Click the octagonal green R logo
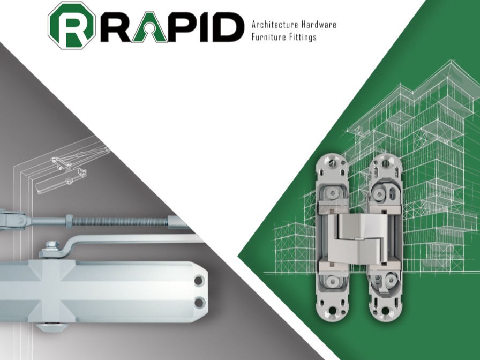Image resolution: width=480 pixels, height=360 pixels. point(72,25)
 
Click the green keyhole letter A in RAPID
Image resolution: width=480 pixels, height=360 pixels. point(149,27)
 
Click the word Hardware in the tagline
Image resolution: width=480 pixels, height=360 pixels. point(319,25)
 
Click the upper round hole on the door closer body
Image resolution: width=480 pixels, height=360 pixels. point(199,280)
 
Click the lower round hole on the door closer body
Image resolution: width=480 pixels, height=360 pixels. point(200,302)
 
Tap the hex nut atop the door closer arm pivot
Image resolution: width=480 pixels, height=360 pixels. point(52,244)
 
